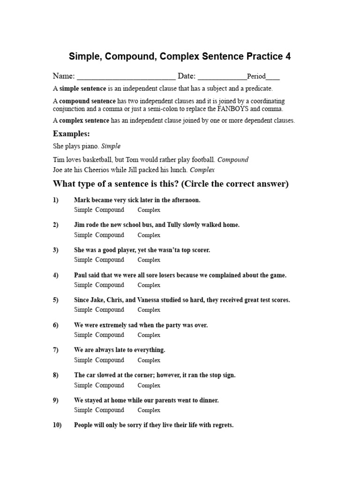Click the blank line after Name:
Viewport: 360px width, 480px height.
[126, 76]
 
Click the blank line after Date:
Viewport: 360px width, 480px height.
[222, 76]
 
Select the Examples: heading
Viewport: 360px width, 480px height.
[71, 134]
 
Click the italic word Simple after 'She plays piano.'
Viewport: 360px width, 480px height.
[111, 146]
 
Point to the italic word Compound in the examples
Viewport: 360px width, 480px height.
[233, 159]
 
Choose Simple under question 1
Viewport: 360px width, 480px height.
[83, 210]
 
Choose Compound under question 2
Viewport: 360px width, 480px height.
[110, 235]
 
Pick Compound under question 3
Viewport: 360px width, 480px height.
[110, 260]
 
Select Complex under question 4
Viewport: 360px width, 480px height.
[149, 285]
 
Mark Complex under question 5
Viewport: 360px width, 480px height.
[149, 310]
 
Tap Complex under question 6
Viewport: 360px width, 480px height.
[149, 335]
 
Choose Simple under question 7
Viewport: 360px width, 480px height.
[83, 360]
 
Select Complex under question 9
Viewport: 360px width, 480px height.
[149, 410]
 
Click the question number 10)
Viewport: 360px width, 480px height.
[57, 425]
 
